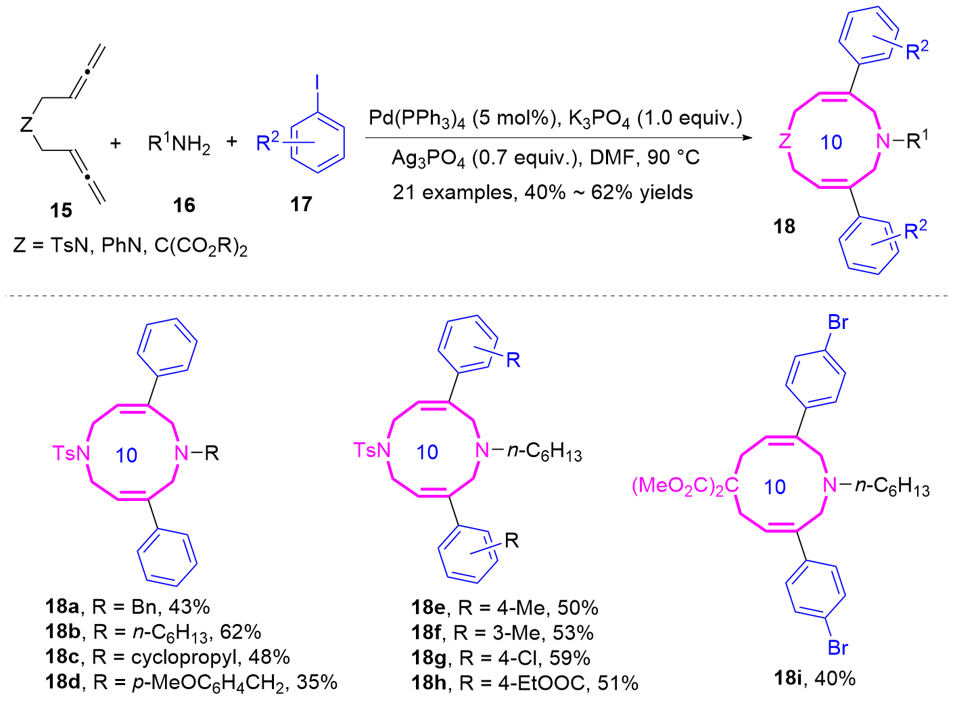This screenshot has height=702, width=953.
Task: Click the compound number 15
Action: (61, 211)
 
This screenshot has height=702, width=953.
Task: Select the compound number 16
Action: (184, 204)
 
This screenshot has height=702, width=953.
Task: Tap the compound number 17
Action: (301, 204)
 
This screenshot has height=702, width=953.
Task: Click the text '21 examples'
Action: (451, 193)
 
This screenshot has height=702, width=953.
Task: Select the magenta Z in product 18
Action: (785, 141)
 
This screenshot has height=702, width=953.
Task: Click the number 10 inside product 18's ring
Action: (831, 142)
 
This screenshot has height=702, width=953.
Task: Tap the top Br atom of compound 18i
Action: (838, 323)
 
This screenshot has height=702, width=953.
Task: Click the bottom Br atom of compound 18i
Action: (838, 648)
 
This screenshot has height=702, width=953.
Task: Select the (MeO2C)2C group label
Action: (684, 486)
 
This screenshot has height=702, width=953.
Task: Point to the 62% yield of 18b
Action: (241, 632)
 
